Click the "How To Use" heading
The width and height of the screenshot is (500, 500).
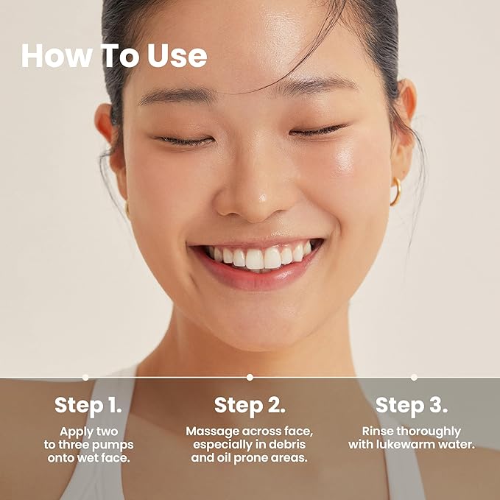[x=113, y=56]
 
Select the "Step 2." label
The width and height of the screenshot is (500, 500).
[x=250, y=405]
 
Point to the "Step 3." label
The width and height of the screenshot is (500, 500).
[x=412, y=405]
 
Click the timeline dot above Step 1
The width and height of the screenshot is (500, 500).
[x=85, y=377]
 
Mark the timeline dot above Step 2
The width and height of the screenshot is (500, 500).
[x=250, y=377]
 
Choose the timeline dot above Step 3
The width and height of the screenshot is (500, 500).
[x=414, y=377]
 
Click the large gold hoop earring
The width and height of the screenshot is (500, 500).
[x=396, y=191]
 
